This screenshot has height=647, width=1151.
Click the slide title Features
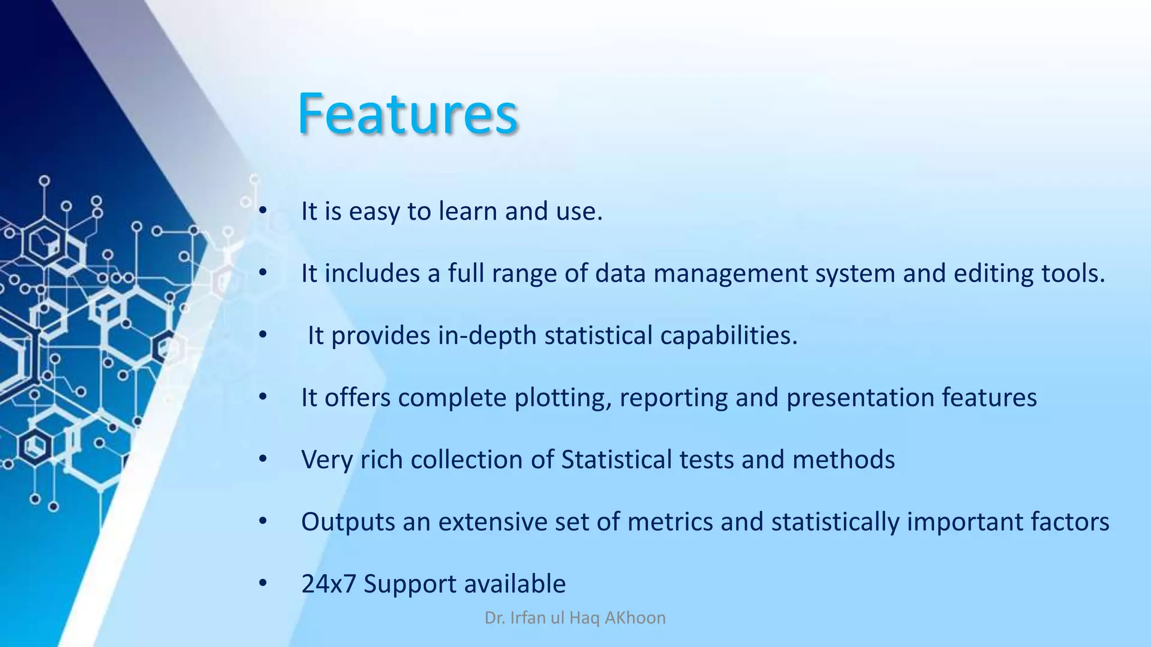[x=407, y=114]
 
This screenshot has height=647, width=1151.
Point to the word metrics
[x=670, y=522]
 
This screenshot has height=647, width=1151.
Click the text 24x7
[x=329, y=584]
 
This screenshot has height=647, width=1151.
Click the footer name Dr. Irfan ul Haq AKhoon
[x=575, y=618]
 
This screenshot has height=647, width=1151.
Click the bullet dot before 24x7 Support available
[x=263, y=583]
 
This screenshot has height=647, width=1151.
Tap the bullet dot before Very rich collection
[x=263, y=459]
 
